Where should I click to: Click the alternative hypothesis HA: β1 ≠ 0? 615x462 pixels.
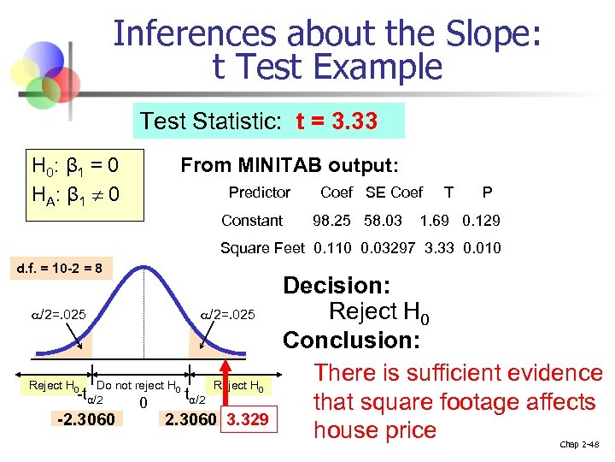click(x=74, y=196)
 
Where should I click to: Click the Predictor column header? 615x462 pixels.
click(x=260, y=192)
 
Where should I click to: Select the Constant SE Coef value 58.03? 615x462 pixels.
click(x=383, y=221)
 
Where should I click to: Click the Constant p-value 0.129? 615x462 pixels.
click(x=481, y=221)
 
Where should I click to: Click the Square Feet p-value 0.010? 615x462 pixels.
click(x=483, y=249)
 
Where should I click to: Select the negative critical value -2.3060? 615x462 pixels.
click(x=86, y=418)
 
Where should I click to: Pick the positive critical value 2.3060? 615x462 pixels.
click(x=188, y=418)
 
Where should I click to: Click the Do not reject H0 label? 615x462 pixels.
click(x=138, y=386)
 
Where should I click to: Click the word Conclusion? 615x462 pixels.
click(x=351, y=341)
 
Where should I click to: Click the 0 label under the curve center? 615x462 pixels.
click(x=143, y=403)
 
